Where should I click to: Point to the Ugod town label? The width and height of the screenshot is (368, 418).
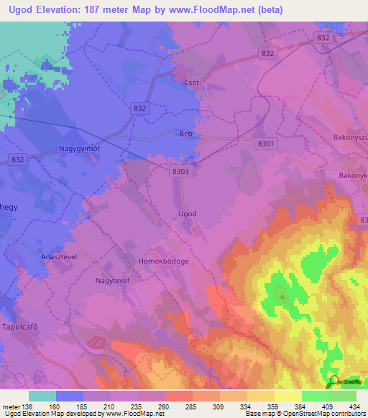click(x=187, y=214)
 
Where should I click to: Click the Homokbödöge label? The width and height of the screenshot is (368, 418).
click(x=164, y=261)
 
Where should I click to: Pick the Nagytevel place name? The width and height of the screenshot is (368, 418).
click(x=111, y=281)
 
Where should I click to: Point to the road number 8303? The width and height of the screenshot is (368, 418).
click(x=181, y=172)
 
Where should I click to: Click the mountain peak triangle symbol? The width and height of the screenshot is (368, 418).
click(x=282, y=295)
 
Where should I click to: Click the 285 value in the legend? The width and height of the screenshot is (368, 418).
click(x=192, y=406)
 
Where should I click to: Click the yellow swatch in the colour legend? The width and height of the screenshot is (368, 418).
click(x=287, y=396)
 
